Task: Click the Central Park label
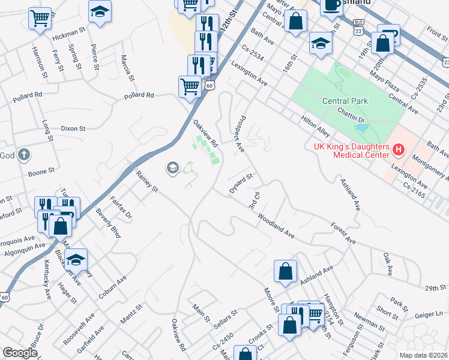click(345, 101)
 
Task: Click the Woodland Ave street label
click(276, 226)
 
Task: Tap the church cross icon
click(23, 155)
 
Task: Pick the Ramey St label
click(146, 182)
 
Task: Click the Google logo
click(20, 353)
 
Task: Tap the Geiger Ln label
click(432, 314)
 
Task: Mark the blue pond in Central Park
click(361, 128)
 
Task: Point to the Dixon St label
click(73, 128)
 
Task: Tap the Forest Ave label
click(343, 233)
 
